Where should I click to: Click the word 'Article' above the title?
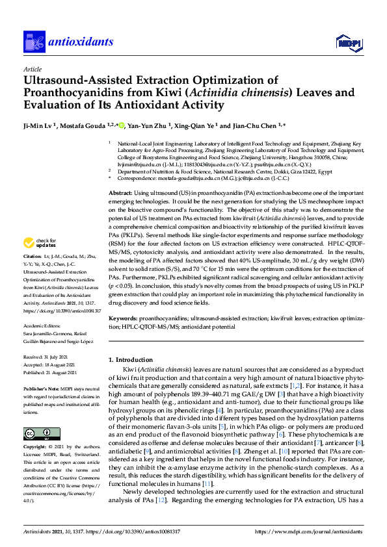(x=32, y=68)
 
